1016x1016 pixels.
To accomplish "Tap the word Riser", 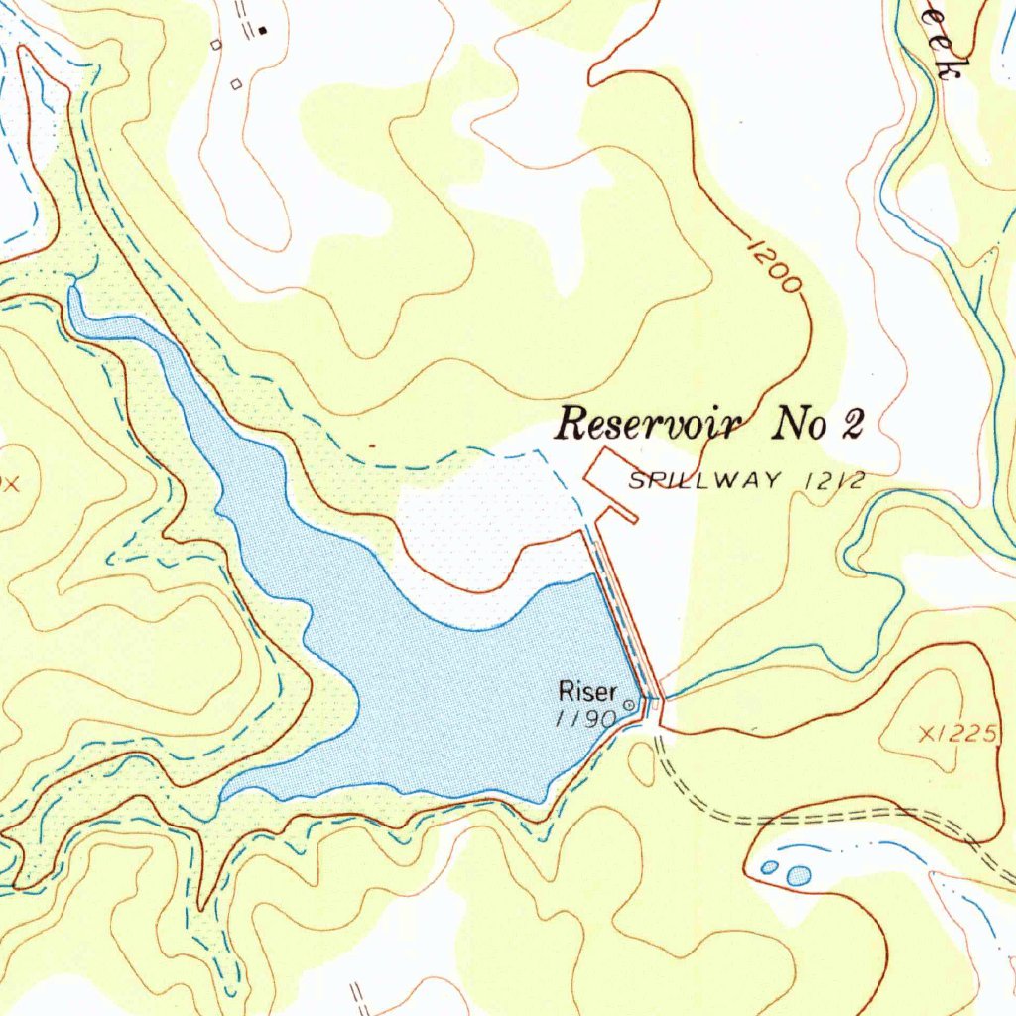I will pos(587,691).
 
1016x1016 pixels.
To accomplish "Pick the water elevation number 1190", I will pos(586,719).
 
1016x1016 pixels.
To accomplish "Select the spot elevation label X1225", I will pos(956,734).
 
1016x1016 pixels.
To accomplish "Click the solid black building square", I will pos(262,31).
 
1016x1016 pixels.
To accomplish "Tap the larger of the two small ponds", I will pos(798,875).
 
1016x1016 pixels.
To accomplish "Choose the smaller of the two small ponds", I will pos(769,868).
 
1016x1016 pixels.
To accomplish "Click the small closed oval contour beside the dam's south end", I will pos(642,761).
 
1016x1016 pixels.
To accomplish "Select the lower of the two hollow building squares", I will pos(236,85).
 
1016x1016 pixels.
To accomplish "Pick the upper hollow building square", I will pos(216,45).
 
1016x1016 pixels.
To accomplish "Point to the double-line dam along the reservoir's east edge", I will pos(625,625).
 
